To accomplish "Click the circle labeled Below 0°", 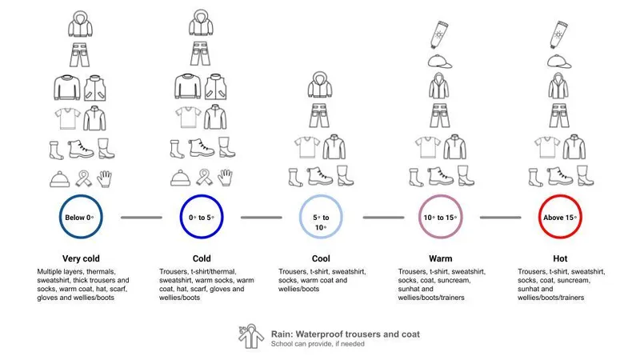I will point(81,217).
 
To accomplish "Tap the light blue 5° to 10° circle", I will point(320,217).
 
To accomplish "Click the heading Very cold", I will point(81,259).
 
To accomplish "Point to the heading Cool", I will point(320,259).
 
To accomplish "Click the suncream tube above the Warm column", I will point(439,34).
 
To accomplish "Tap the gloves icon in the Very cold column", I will point(106,178).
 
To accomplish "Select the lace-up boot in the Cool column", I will point(320,177).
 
